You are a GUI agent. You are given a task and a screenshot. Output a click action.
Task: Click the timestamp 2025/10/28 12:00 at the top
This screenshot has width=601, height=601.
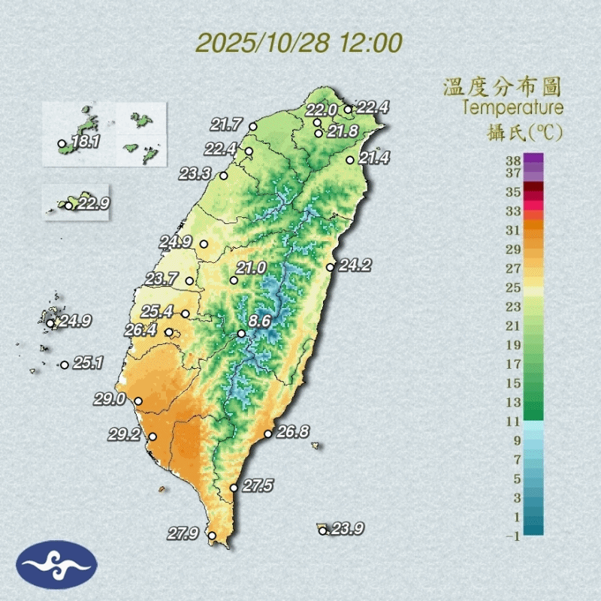[x=299, y=43]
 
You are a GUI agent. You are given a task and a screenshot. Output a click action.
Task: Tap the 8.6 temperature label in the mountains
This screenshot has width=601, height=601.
[x=259, y=322]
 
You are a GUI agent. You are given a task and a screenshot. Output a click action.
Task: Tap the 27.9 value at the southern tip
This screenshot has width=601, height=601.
[x=183, y=534]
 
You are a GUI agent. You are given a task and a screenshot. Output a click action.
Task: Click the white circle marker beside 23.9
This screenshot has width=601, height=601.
[x=322, y=530]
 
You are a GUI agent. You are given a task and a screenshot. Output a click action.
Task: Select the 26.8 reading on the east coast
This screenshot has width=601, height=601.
[x=293, y=432]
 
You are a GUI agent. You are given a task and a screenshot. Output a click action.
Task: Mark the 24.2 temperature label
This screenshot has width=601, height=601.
[x=355, y=265]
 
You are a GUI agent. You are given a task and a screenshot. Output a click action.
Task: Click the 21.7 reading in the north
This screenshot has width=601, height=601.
[x=226, y=124]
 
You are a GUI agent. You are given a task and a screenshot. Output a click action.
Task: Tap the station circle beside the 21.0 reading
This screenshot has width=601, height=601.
[x=234, y=280]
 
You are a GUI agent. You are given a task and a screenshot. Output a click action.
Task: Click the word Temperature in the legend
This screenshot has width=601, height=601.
[x=512, y=107]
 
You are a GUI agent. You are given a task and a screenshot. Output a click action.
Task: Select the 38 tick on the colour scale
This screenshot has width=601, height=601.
[x=513, y=159]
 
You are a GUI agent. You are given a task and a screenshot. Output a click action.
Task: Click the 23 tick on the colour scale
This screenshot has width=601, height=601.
[x=513, y=306]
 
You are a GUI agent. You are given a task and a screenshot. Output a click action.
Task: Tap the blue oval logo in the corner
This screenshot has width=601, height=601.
[x=56, y=565]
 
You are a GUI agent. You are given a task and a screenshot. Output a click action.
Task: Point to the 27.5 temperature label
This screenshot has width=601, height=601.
[x=258, y=486]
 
